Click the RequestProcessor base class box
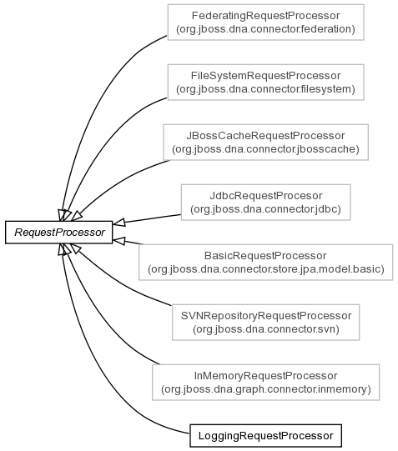click(x=59, y=233)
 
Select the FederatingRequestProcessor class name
click(x=265, y=16)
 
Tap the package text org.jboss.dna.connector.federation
click(x=265, y=29)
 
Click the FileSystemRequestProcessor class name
click(x=265, y=76)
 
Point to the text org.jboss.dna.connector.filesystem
click(x=265, y=89)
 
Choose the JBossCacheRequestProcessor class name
click(x=265, y=136)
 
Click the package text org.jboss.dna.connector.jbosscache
click(x=265, y=149)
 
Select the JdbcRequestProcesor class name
click(x=266, y=196)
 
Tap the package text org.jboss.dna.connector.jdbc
click(x=265, y=209)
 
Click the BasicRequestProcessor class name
click(x=265, y=256)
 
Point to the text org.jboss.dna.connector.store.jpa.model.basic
click(x=266, y=269)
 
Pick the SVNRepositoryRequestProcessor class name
click(x=266, y=316)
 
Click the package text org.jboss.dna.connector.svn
click(x=266, y=329)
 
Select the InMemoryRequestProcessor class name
click(x=265, y=376)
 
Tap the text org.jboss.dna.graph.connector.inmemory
click(x=266, y=389)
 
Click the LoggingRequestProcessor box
click(x=265, y=436)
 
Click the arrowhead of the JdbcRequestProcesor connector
click(x=118, y=223)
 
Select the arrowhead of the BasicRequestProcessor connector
click(x=118, y=241)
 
